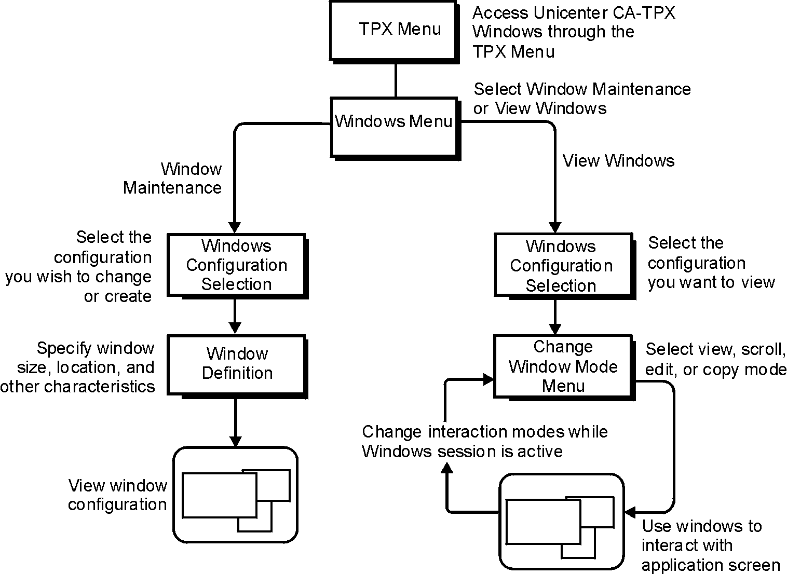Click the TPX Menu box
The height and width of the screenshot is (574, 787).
pyautogui.click(x=393, y=30)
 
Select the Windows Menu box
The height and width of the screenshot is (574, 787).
pyautogui.click(x=394, y=126)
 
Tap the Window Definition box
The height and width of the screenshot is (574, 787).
pyautogui.click(x=237, y=364)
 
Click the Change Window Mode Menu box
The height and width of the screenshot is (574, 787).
pyautogui.click(x=563, y=366)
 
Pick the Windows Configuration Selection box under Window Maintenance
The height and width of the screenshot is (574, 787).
pyautogui.click(x=236, y=265)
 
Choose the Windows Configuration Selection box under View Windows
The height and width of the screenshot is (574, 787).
pyautogui.click(x=563, y=266)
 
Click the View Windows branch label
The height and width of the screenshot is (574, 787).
pyautogui.click(x=618, y=161)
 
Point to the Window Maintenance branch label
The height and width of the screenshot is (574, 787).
pyautogui.click(x=173, y=178)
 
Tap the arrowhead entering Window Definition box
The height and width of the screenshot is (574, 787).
pyautogui.click(x=235, y=328)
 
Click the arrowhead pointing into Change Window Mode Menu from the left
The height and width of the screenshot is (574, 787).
pyautogui.click(x=488, y=379)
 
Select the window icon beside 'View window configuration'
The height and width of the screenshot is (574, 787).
pyautogui.click(x=235, y=495)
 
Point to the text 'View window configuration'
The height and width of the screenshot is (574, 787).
pyautogui.click(x=118, y=495)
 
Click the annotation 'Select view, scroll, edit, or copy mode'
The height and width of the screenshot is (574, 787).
pyautogui.click(x=715, y=359)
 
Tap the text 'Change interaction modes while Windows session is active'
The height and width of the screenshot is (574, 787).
pyautogui.click(x=484, y=441)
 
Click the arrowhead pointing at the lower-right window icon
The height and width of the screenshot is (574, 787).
pyautogui.click(x=630, y=513)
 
